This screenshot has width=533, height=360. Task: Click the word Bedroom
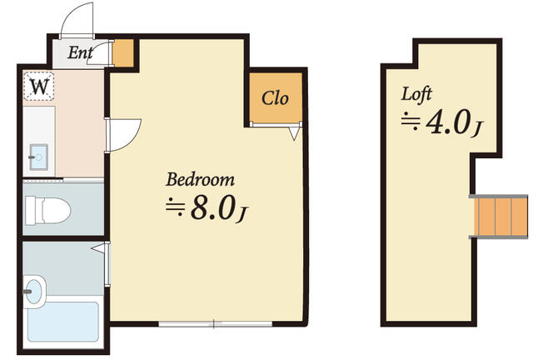click(x=200, y=179)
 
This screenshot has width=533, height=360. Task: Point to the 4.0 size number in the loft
click(x=448, y=122)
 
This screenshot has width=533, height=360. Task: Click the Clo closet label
click(x=275, y=98)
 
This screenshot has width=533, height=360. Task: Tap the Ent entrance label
click(x=80, y=55)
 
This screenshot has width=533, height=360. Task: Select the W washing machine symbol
click(x=39, y=86)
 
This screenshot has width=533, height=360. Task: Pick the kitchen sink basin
click(x=38, y=155)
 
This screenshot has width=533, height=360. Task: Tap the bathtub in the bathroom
click(x=62, y=321)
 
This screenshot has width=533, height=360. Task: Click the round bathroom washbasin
click(x=32, y=291)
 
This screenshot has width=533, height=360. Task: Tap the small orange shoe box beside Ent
click(x=122, y=53)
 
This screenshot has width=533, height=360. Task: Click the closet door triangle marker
click(x=294, y=132)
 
